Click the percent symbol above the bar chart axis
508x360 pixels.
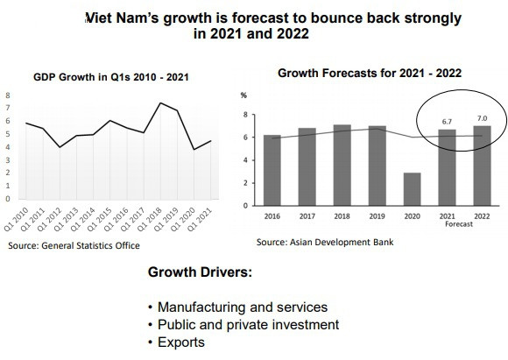click(x=244, y=94)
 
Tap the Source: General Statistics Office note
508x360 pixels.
click(x=74, y=246)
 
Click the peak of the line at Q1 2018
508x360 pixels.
click(x=160, y=103)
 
